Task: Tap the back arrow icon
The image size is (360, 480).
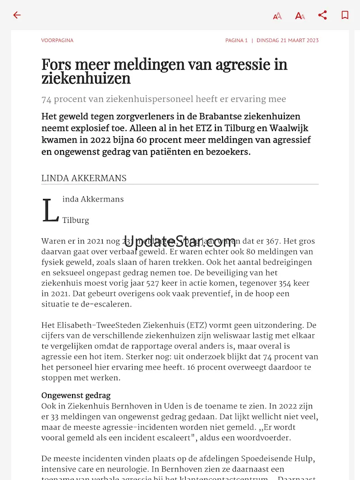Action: [x=17, y=15]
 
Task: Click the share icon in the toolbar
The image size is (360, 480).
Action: [x=323, y=15]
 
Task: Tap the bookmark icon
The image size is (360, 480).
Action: [x=345, y=15]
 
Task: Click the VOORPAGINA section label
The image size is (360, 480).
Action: [x=57, y=41]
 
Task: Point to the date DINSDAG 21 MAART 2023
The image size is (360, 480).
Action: [x=288, y=41]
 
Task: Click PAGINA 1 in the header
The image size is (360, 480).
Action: [x=236, y=41]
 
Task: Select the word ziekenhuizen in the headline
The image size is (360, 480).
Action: [x=86, y=78]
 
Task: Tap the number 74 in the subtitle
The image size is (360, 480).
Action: [x=46, y=99]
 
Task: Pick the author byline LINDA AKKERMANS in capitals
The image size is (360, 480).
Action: [x=84, y=178]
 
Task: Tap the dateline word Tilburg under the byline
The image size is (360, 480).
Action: [x=76, y=220]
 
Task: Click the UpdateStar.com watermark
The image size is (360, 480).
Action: [x=180, y=241]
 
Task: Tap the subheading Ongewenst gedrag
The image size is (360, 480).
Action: [x=76, y=396]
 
